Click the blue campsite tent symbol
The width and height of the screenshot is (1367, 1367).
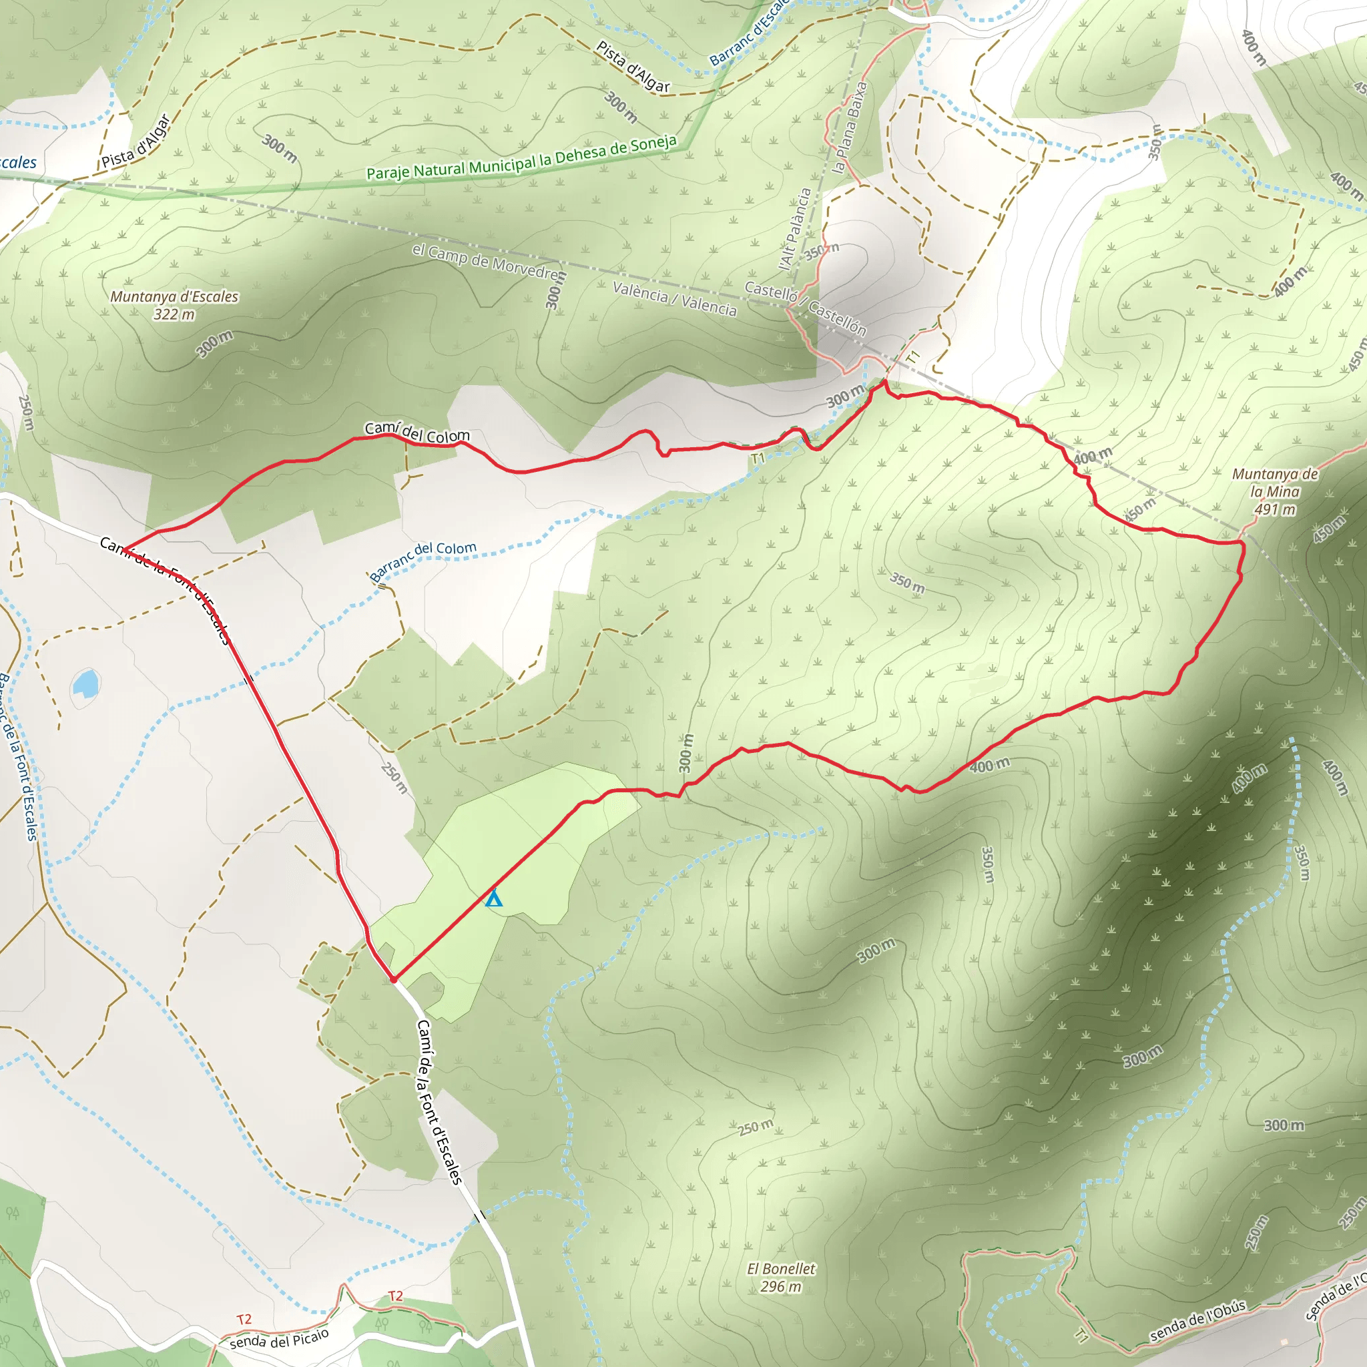pyautogui.click(x=493, y=898)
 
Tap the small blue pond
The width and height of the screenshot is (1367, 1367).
pyautogui.click(x=85, y=683)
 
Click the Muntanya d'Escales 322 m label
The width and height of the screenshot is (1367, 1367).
pyautogui.click(x=174, y=305)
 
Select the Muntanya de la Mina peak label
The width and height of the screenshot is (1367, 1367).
pyautogui.click(x=1275, y=491)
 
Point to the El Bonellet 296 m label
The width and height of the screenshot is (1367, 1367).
pyautogui.click(x=781, y=1278)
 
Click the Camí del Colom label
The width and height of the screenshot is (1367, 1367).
pyautogui.click(x=417, y=433)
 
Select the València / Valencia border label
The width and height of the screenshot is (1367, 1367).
pyautogui.click(x=674, y=298)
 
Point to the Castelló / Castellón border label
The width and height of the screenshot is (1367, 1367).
pyautogui.click(x=805, y=306)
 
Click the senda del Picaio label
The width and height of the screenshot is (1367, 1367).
pyautogui.click(x=279, y=1339)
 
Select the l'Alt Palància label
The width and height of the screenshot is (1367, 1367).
pyautogui.click(x=795, y=228)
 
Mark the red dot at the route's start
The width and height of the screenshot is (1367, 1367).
pyautogui.click(x=393, y=979)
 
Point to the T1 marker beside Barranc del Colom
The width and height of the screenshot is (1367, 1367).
pyautogui.click(x=758, y=459)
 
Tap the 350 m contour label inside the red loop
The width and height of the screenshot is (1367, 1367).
pyautogui.click(x=907, y=583)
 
